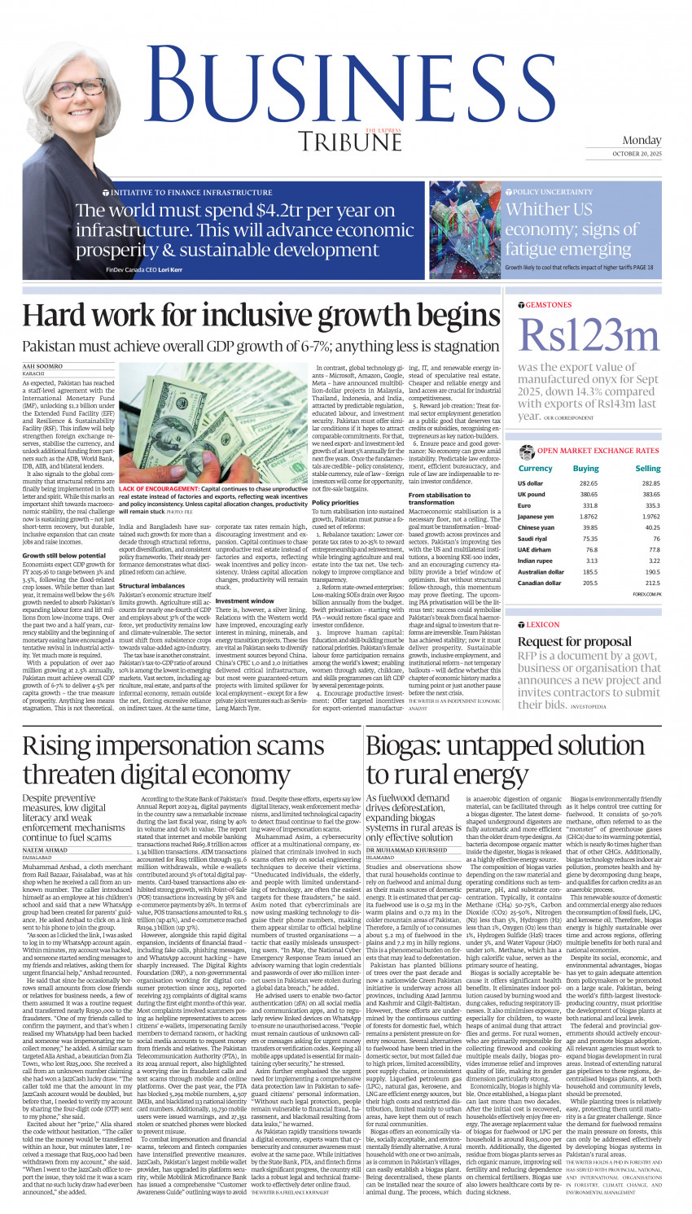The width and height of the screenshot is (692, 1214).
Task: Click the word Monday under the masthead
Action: [642, 140]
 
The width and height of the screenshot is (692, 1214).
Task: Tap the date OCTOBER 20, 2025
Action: [637, 154]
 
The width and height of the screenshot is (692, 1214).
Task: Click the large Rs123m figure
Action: [588, 334]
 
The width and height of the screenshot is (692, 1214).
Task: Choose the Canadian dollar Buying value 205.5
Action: [590, 583]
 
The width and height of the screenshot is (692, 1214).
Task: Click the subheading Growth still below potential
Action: [64, 555]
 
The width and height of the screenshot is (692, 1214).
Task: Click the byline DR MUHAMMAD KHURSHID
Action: [406, 850]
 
